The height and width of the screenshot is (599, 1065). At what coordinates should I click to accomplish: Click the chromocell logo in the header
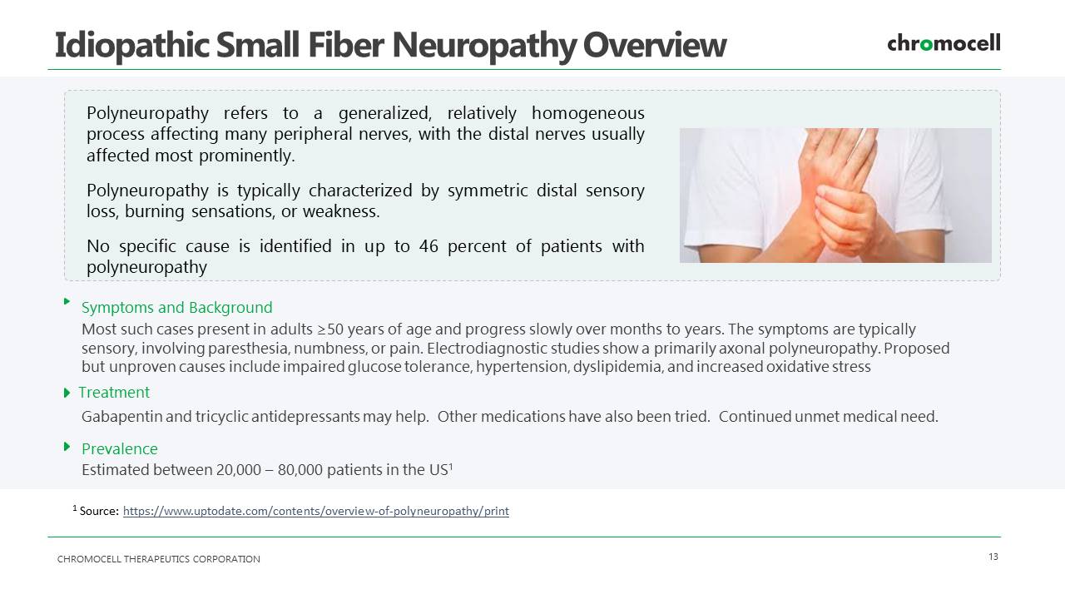click(x=944, y=43)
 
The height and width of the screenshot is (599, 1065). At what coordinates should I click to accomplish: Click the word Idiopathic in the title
click(x=132, y=46)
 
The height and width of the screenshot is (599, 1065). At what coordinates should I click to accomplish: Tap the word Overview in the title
click(x=655, y=45)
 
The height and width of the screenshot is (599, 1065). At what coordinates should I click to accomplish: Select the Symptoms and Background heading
click(x=177, y=308)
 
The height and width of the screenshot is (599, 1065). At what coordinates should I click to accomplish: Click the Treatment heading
click(x=114, y=392)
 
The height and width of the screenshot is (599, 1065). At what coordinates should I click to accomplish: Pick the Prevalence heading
click(x=119, y=448)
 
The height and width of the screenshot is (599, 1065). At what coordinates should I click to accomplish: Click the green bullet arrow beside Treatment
click(x=67, y=393)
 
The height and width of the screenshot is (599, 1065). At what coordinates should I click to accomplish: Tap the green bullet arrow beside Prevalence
click(x=67, y=447)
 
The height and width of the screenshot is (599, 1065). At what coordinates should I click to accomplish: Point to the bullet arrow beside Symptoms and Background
click(x=67, y=301)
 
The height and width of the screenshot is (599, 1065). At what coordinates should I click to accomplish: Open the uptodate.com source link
click(x=315, y=511)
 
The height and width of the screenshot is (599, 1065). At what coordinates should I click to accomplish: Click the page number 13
click(x=993, y=557)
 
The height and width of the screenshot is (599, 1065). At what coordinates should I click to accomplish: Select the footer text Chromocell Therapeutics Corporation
click(x=159, y=559)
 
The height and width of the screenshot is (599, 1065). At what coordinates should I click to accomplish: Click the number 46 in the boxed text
click(x=428, y=246)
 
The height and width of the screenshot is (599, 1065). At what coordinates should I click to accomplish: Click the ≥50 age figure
click(x=333, y=329)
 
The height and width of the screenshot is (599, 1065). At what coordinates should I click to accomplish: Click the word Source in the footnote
click(x=99, y=511)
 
